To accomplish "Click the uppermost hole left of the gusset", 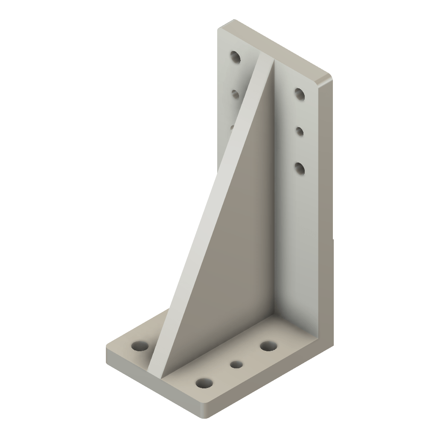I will pyautogui.click(x=235, y=57).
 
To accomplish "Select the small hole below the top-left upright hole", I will pyautogui.click(x=235, y=93).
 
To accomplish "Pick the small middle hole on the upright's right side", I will pyautogui.click(x=300, y=131).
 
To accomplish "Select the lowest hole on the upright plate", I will pyautogui.click(x=300, y=168).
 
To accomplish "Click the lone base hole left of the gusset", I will pyautogui.click(x=138, y=346).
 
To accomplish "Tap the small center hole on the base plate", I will pyautogui.click(x=236, y=364).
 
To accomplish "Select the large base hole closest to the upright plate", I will pyautogui.click(x=268, y=346).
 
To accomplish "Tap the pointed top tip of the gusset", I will pyautogui.click(x=267, y=60).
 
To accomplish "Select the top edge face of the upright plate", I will pyautogui.click(x=273, y=47).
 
